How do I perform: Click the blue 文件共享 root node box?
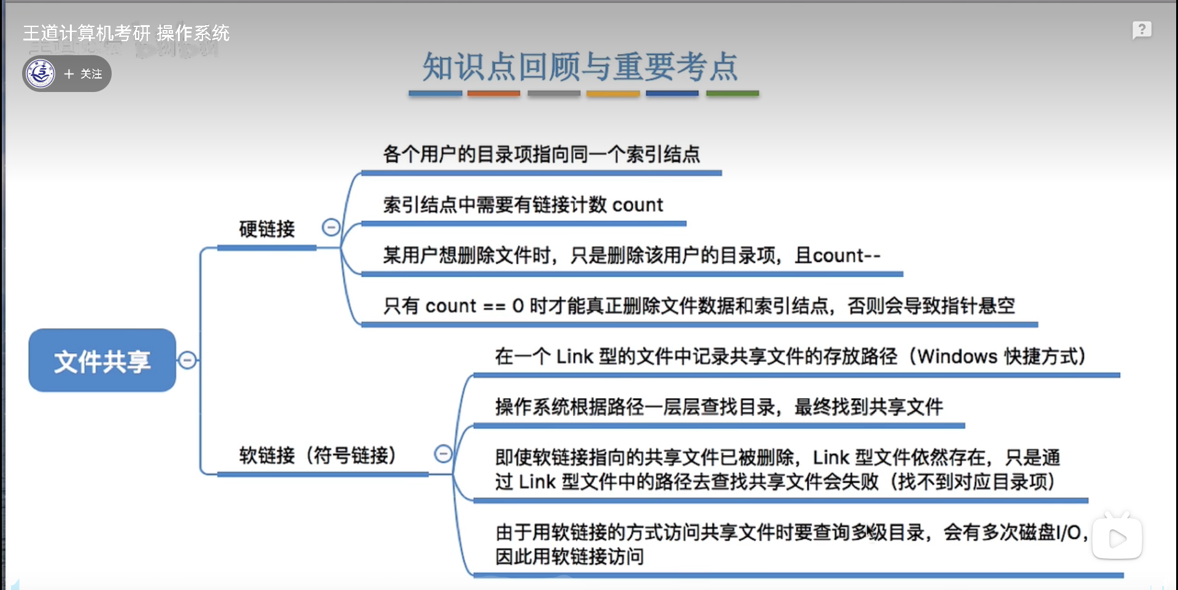point(102,361)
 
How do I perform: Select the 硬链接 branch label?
point(267,229)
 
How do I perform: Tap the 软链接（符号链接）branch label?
point(317,456)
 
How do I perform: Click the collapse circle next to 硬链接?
point(331,228)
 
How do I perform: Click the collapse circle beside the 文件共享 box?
point(188,360)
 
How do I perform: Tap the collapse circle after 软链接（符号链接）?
point(443,454)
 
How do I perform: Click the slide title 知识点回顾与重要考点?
point(580,66)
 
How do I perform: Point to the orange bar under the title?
point(493,93)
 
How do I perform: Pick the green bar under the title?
point(732,93)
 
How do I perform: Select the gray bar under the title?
point(553,93)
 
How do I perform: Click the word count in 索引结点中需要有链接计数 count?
point(637,205)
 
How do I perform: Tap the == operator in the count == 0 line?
point(494,306)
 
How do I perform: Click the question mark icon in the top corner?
point(1141,29)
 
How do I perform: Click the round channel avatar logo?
point(41,74)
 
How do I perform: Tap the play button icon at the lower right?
point(1117,538)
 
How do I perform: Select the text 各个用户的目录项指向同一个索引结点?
point(541,154)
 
